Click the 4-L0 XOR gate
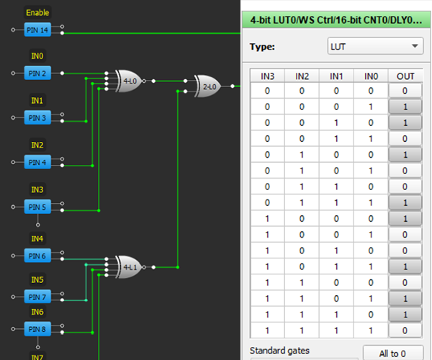pyautogui.click(x=128, y=81)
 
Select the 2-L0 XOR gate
pyautogui.click(x=209, y=86)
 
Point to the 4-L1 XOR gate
pyautogui.click(x=128, y=267)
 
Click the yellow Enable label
pyautogui.click(x=37, y=13)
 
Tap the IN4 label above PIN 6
pyautogui.click(x=37, y=238)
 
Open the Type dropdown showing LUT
pyautogui.click(x=374, y=47)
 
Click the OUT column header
pyautogui.click(x=405, y=76)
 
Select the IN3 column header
pyautogui.click(x=267, y=76)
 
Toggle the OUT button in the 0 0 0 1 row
pyautogui.click(x=405, y=107)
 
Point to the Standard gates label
pyautogui.click(x=281, y=351)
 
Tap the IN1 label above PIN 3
pyautogui.click(x=37, y=101)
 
